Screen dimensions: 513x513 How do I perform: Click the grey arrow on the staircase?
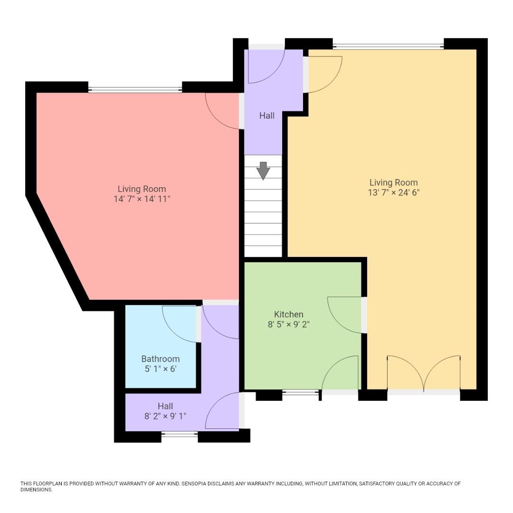coord(263,171)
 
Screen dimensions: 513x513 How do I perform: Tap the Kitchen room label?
coord(288,314)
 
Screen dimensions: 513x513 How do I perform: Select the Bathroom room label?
coord(161,359)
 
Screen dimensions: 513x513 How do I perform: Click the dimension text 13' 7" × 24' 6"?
coord(394,193)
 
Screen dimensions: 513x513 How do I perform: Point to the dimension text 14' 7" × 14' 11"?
coord(142,199)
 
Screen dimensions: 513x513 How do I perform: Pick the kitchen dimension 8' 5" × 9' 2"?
coord(289,325)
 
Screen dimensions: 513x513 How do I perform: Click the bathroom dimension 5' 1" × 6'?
coord(161,369)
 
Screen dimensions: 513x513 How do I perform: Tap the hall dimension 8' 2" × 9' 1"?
coord(165,416)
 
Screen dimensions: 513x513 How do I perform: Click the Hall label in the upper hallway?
coord(266,115)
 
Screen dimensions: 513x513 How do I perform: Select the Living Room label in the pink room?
coord(142,189)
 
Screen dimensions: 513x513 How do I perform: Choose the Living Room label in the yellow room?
coord(394,182)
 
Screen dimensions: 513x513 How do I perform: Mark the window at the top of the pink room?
coord(135,89)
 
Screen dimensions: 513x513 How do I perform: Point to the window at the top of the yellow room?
coord(388,46)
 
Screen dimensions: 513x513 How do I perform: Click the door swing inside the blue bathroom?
coord(179,323)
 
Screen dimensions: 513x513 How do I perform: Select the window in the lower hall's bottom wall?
coord(179,434)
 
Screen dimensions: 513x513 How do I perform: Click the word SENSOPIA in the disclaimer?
coord(200,484)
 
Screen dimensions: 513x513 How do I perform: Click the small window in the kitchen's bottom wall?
coord(300,392)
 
